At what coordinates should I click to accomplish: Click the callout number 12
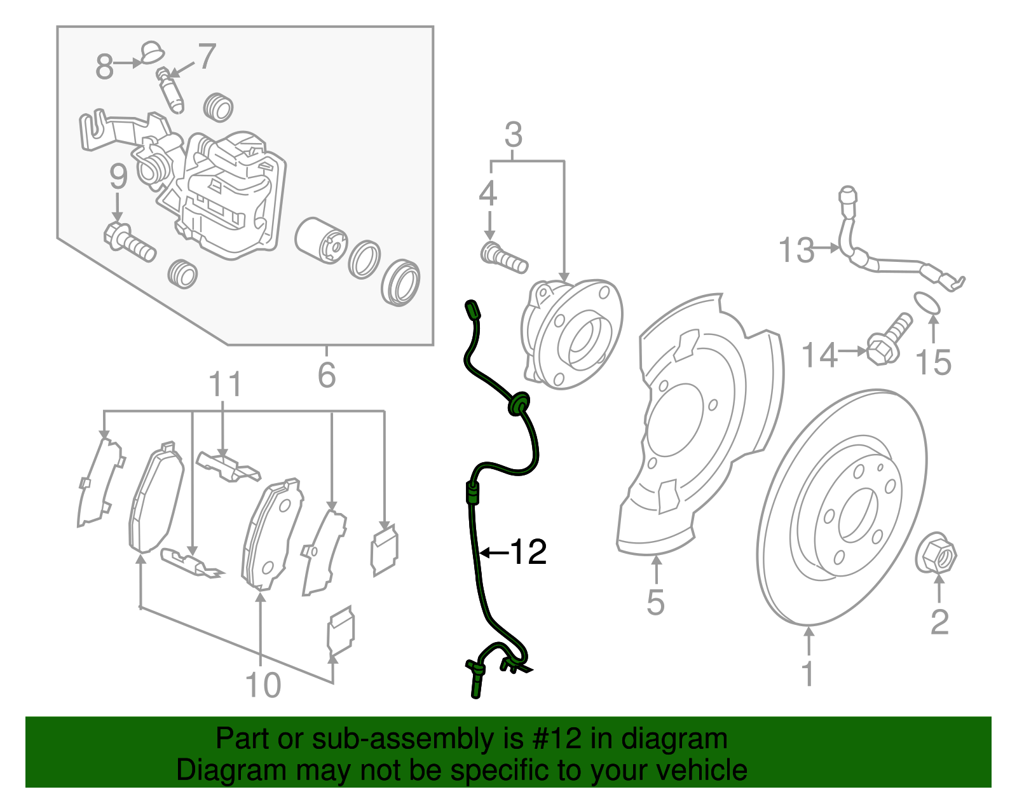point(528,552)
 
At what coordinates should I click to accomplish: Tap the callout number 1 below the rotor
point(808,674)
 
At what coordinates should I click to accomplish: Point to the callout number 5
point(655,602)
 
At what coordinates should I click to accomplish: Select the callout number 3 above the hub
point(514,135)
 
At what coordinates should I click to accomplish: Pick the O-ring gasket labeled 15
point(927,303)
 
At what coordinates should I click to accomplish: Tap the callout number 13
point(796,250)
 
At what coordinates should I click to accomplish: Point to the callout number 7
point(207,57)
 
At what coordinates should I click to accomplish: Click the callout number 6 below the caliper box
point(327,374)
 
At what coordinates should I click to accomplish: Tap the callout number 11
point(226,385)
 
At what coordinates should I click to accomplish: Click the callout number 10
point(263,685)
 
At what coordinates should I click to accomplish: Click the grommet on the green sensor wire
point(518,403)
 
